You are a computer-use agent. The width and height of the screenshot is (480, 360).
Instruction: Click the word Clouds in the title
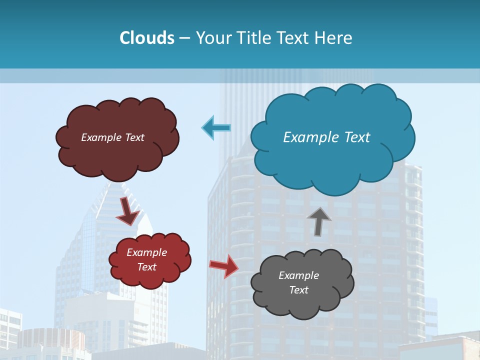147,38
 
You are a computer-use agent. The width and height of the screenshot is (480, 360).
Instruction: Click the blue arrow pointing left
216,127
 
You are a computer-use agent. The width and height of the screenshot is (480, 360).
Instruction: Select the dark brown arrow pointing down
128,211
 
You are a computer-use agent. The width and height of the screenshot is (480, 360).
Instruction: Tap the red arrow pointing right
224,265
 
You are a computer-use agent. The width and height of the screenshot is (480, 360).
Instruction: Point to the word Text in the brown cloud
134,137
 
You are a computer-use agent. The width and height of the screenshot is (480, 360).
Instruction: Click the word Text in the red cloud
147,267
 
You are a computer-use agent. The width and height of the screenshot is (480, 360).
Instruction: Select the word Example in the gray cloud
298,275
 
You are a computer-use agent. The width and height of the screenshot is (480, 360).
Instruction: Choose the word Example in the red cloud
147,252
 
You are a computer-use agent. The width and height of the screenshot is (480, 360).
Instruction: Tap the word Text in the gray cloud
298,290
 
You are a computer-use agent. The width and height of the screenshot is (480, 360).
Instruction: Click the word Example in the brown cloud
101,137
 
